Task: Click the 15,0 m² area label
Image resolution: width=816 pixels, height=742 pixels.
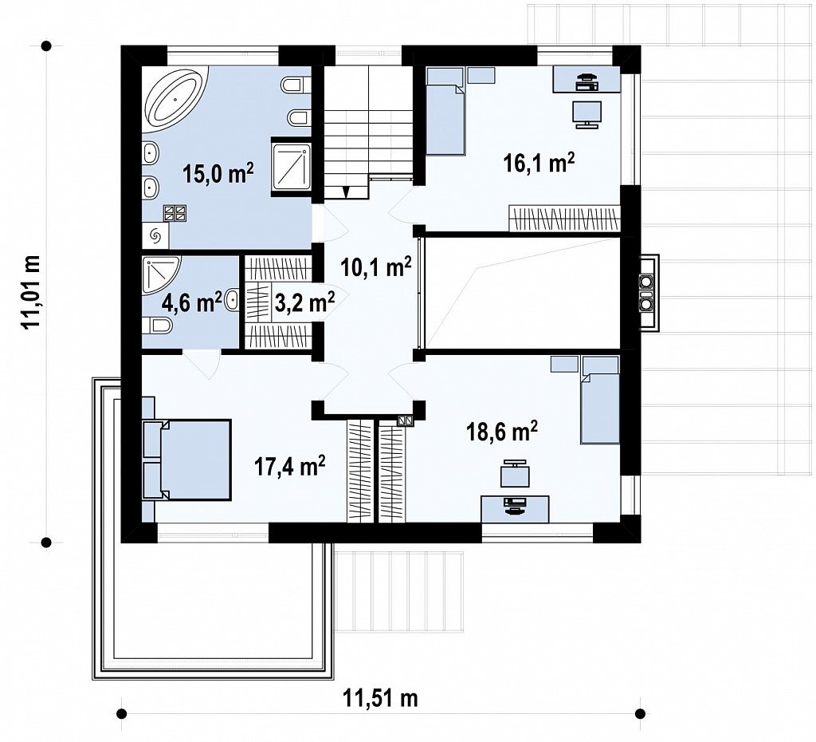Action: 218,173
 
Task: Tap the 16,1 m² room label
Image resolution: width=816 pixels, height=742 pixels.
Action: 539,163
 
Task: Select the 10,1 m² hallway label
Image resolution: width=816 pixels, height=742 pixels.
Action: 376,266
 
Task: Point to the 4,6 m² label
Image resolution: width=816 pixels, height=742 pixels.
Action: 192,302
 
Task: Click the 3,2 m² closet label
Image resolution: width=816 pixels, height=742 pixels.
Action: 304,302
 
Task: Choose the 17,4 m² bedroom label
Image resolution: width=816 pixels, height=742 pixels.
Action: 290,466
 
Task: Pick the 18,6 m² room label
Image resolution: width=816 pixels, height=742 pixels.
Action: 502,432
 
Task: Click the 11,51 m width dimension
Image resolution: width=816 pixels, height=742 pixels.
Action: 380,697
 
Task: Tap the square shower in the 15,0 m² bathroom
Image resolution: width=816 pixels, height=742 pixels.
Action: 291,164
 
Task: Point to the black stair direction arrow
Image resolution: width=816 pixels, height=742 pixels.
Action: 346,192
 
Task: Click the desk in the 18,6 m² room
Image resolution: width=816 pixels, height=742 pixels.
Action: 515,509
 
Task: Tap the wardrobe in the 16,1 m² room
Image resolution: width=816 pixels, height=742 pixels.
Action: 564,219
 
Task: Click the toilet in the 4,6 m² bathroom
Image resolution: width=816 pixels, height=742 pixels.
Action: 157,326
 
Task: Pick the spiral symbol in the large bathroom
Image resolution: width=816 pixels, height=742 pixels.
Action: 155,236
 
